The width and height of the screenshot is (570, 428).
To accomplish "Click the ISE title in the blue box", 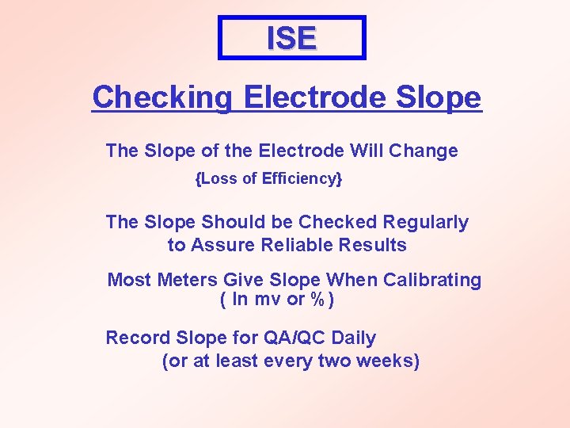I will [291, 38].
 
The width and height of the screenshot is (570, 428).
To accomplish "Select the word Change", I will [426, 151].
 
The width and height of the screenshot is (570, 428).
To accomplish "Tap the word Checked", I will [340, 223].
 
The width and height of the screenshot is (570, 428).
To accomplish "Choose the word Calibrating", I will [433, 280].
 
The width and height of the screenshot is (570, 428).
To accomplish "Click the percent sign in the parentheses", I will [317, 300].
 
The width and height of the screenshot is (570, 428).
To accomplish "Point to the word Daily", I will [354, 338].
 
